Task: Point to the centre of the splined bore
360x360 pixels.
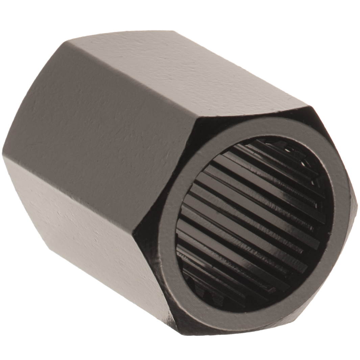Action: click(254, 220)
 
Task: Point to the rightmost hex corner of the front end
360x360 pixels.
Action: click(356, 203)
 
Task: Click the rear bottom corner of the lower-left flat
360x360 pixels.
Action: click(51, 248)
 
